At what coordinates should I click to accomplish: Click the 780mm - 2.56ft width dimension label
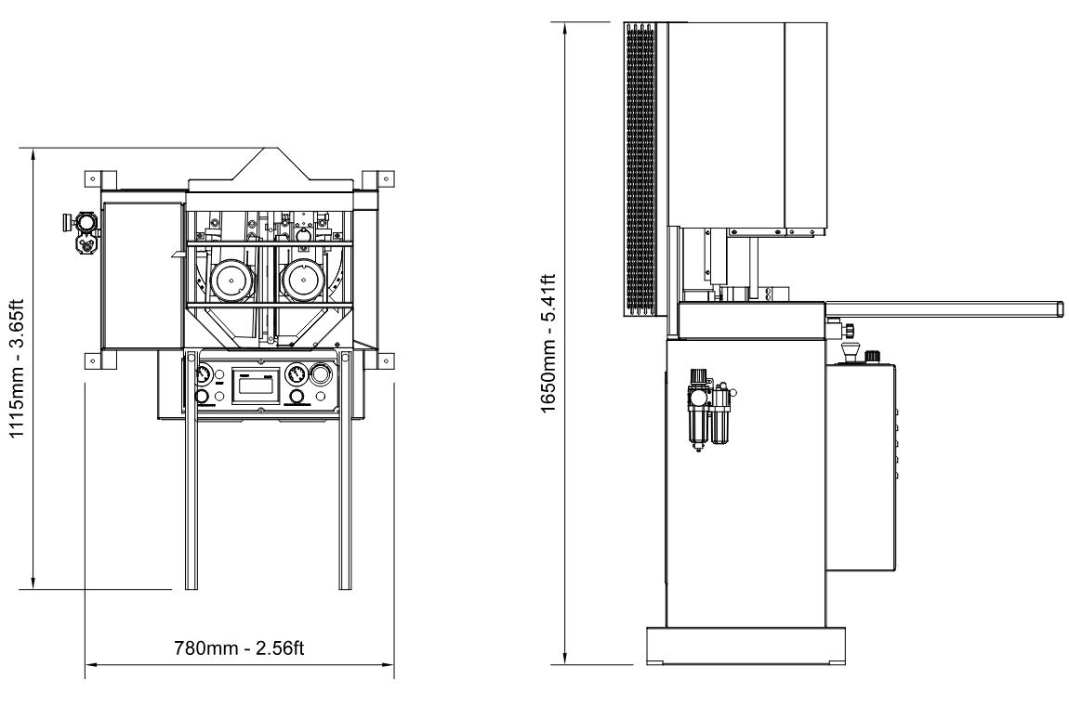239,647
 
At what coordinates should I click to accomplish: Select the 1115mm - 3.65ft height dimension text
17,369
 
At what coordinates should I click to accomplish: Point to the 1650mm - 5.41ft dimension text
548,343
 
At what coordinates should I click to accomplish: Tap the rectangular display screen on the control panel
255,386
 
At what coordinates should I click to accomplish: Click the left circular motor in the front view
231,280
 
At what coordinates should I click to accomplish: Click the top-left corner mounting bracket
101,180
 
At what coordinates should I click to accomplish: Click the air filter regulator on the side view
711,410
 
